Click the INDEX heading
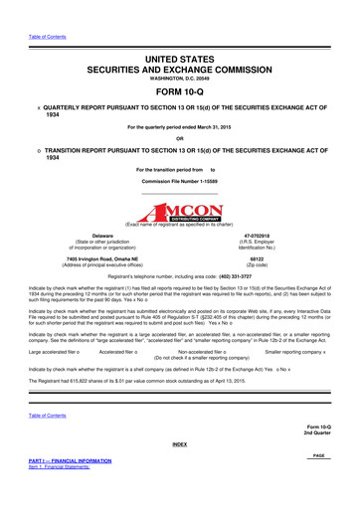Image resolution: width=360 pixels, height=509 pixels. tap(180, 471)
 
